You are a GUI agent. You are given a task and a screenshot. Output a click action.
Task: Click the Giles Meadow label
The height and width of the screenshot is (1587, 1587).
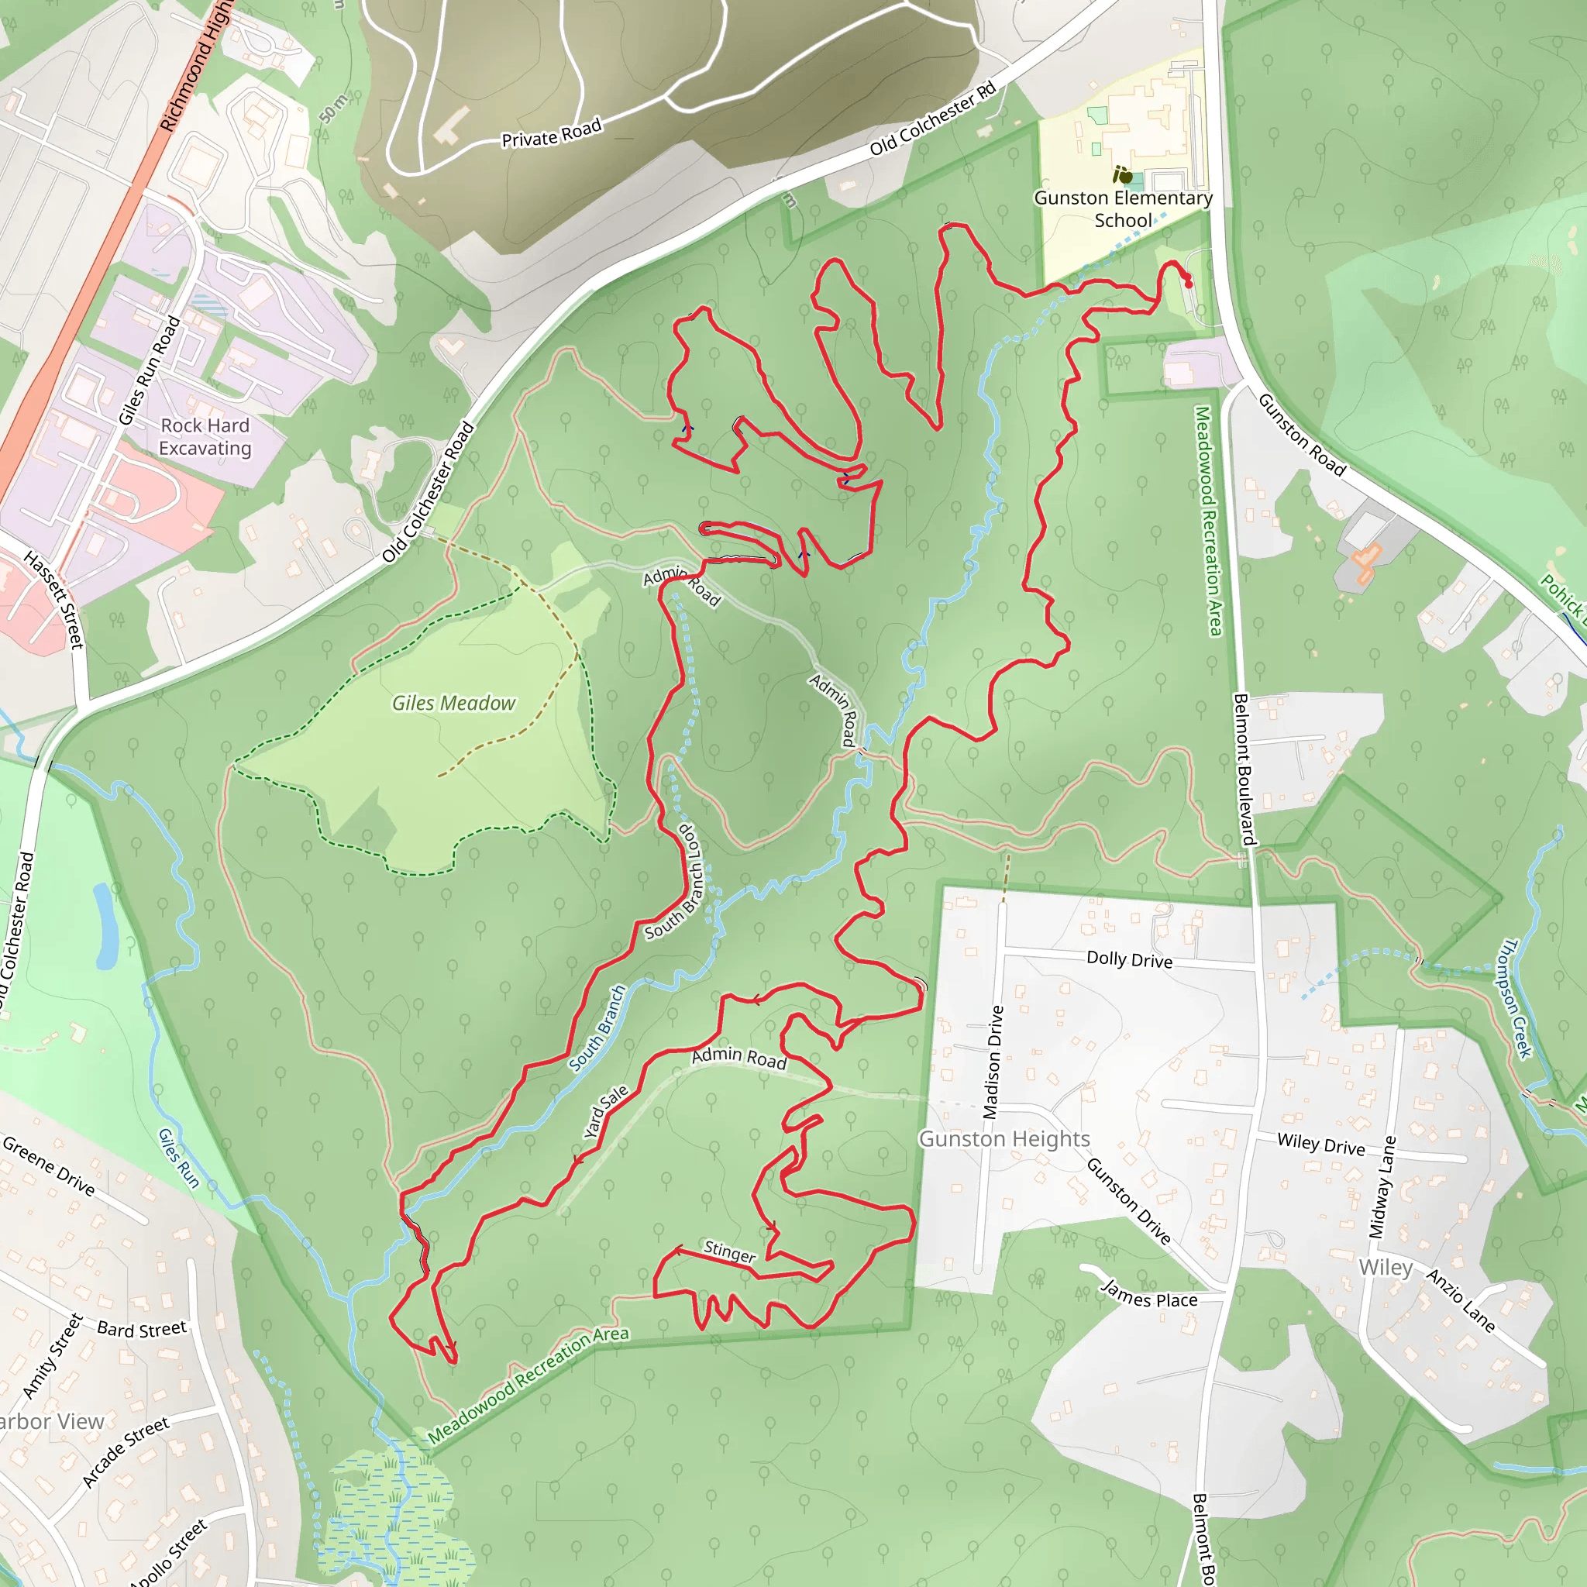453,703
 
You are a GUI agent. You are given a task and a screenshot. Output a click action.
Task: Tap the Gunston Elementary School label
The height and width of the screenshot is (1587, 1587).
1123,209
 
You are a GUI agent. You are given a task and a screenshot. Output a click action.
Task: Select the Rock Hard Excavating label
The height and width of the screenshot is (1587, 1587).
205,437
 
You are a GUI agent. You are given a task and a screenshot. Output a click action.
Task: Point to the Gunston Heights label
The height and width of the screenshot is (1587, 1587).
1003,1138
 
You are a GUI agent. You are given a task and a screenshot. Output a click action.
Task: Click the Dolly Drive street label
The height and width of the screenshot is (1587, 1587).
1130,959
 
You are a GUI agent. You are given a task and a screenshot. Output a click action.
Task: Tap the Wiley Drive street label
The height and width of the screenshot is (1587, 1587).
1321,1144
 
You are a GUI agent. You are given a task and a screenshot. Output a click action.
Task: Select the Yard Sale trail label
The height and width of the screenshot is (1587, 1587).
605,1111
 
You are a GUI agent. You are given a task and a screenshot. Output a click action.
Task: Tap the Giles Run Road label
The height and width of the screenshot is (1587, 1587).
149,371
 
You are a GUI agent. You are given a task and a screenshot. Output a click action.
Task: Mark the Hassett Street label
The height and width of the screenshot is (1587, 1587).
54,600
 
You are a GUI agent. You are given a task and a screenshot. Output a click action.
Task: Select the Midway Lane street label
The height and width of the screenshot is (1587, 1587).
1382,1187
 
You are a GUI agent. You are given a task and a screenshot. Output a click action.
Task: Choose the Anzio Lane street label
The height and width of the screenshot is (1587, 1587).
1461,1300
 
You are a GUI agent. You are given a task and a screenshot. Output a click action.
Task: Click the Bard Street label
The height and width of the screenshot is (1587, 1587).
142,1329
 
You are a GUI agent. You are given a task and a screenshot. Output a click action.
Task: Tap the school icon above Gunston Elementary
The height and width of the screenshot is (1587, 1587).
1122,175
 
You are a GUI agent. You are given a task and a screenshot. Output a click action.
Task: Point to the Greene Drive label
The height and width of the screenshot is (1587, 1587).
49,1165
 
